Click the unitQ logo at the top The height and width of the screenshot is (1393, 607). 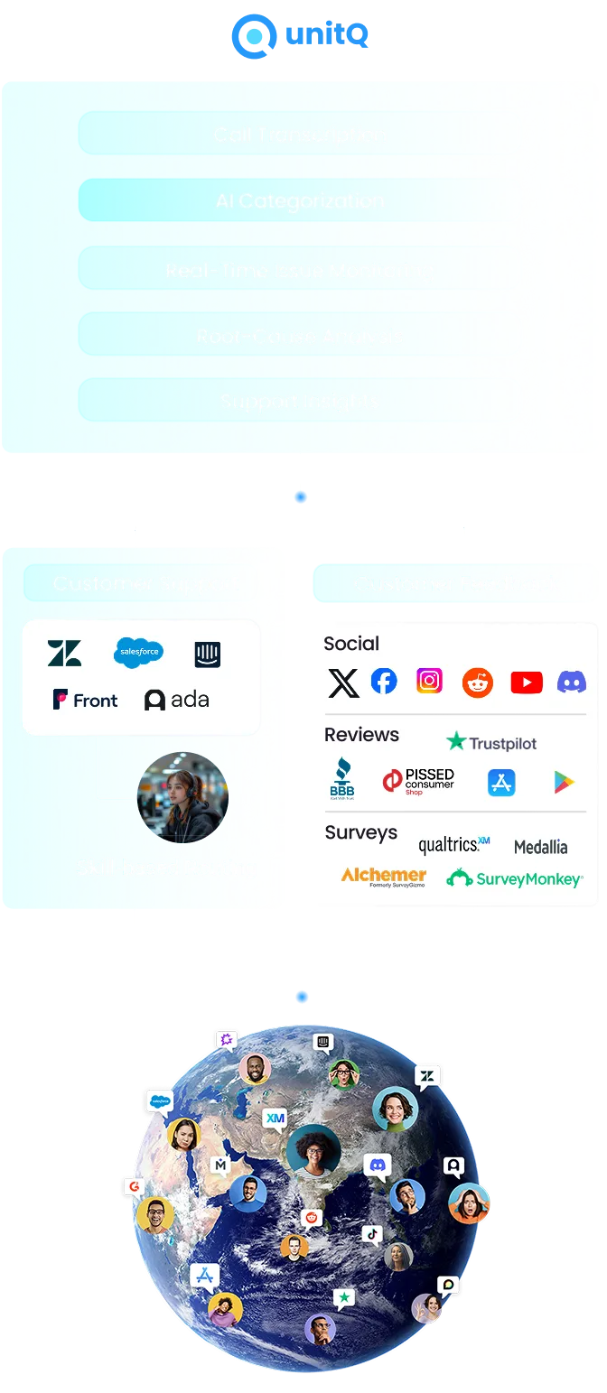coord(299,35)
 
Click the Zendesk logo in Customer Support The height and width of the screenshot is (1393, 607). coord(64,653)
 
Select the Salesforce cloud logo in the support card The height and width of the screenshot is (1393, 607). coord(138,652)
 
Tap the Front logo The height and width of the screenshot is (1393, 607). coord(85,700)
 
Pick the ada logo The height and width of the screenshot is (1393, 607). coord(177,700)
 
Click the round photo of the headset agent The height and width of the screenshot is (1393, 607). coord(182,797)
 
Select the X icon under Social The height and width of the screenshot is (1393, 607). coord(343,683)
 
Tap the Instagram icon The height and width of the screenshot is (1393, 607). coord(429,681)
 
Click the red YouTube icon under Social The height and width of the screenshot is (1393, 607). coord(526,683)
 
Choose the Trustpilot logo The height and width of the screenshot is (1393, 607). coord(491,743)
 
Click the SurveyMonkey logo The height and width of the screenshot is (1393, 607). coord(515,878)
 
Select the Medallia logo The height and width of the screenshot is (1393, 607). coord(540,847)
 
